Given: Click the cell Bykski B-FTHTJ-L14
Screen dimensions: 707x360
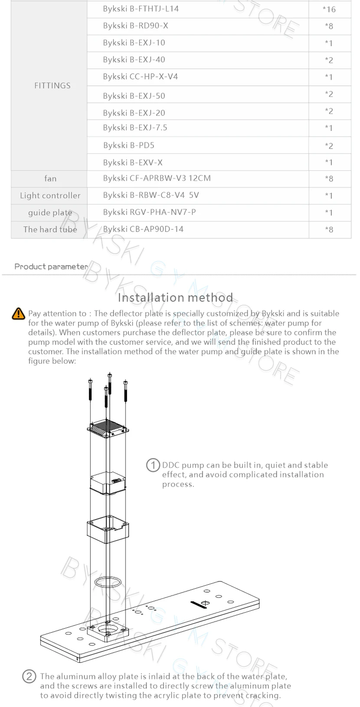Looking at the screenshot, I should pyautogui.click(x=141, y=9).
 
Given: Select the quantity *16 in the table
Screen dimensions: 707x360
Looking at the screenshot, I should pyautogui.click(x=329, y=9).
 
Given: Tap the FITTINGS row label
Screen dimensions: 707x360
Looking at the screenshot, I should pyautogui.click(x=52, y=85).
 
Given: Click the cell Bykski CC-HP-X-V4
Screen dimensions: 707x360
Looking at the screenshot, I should pyautogui.click(x=141, y=77).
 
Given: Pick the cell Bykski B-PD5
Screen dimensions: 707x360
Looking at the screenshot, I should pyautogui.click(x=129, y=145).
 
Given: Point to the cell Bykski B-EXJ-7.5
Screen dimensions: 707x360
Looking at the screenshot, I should pyautogui.click(x=135, y=127).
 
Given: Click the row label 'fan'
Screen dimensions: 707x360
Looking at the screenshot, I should pyautogui.click(x=50, y=178).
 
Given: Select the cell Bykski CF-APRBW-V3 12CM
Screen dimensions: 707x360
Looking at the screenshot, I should pyautogui.click(x=157, y=178).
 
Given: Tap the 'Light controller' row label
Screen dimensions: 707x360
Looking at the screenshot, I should pyautogui.click(x=50, y=195).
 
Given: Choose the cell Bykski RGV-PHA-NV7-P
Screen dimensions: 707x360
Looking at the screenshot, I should pyautogui.click(x=150, y=212).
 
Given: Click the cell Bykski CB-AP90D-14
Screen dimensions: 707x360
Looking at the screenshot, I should pyautogui.click(x=144, y=229).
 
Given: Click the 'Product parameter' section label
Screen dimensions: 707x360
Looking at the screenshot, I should pyautogui.click(x=51, y=266).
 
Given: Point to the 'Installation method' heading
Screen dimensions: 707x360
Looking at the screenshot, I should pyautogui.click(x=176, y=297).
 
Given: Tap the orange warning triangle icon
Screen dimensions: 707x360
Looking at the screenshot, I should pyautogui.click(x=19, y=313).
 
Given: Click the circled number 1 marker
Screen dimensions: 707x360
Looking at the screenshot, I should pyautogui.click(x=153, y=465).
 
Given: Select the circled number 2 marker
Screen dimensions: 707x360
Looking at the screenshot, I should pyautogui.click(x=29, y=676).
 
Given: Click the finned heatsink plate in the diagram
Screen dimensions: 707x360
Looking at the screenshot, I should pyautogui.click(x=108, y=428).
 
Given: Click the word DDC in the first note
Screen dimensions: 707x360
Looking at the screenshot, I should pyautogui.click(x=171, y=465).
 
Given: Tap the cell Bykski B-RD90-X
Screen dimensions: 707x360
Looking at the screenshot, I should pyautogui.click(x=136, y=26).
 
